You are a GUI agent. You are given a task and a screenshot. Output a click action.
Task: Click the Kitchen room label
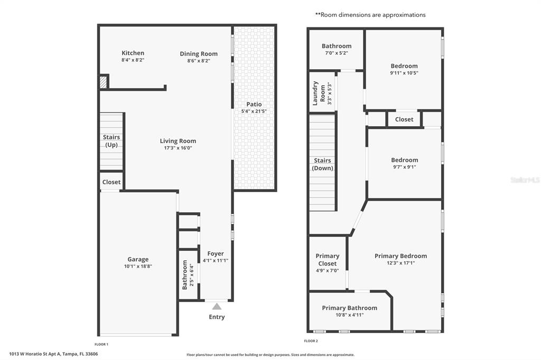click(x=133, y=53)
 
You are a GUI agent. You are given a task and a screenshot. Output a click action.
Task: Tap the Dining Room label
click(x=199, y=54)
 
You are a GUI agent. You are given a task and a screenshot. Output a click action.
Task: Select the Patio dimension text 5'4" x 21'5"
click(x=254, y=111)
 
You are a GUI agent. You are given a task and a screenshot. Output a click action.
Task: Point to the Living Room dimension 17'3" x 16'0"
click(x=178, y=148)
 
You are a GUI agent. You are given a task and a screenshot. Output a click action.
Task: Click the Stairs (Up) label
click(x=111, y=141)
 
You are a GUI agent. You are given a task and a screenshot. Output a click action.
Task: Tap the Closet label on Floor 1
click(x=111, y=182)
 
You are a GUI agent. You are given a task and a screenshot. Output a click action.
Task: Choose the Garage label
click(x=138, y=259)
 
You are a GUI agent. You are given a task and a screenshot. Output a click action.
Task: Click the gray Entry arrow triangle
click(x=217, y=306)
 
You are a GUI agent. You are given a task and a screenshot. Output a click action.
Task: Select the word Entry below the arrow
click(x=217, y=317)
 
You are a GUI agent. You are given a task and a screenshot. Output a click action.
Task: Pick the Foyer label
click(x=216, y=253)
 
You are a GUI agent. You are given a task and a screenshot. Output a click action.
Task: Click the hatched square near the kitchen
click(x=104, y=82)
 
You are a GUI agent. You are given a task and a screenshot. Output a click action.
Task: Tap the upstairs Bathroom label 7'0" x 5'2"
click(x=337, y=46)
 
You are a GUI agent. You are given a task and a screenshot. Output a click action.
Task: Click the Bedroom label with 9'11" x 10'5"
click(x=404, y=66)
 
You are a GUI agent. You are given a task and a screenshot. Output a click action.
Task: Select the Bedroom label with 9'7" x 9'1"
click(x=404, y=160)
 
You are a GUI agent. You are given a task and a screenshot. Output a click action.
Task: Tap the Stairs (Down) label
click(x=322, y=164)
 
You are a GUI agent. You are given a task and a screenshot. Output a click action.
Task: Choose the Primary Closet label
click(x=328, y=260)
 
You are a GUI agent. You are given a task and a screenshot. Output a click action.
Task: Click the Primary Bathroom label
click(x=350, y=308)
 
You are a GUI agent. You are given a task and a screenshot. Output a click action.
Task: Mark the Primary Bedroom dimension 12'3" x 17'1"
click(x=400, y=263)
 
